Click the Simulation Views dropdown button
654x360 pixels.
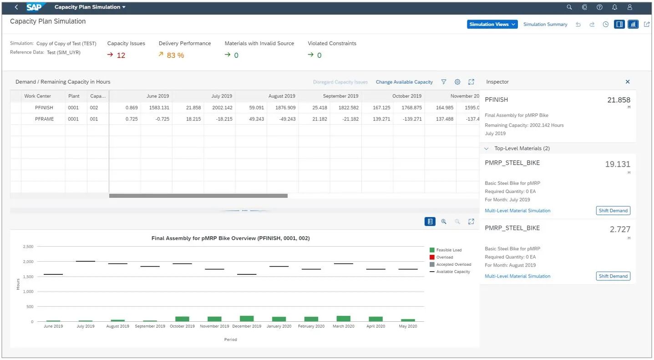tap(492, 25)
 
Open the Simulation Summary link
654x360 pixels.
tap(545, 25)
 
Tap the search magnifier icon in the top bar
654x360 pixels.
tap(569, 7)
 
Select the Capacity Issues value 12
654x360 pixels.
tap(121, 56)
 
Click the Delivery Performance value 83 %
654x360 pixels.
tap(175, 56)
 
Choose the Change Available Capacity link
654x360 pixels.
tap(404, 82)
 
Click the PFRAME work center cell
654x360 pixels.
tap(44, 119)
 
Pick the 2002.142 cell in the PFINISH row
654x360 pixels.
tap(222, 108)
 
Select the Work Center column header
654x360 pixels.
tap(38, 96)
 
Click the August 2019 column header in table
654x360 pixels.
tap(282, 96)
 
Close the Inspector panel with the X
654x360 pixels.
tap(628, 82)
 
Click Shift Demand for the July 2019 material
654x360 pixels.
tap(613, 211)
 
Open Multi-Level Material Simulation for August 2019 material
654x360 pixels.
tap(517, 276)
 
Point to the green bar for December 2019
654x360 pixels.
tap(247, 319)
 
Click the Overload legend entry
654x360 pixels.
tap(445, 257)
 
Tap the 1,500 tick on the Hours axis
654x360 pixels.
tap(28, 277)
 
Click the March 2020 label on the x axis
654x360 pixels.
tap(344, 326)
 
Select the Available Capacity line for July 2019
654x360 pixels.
tap(86, 261)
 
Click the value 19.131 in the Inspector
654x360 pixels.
tap(618, 165)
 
